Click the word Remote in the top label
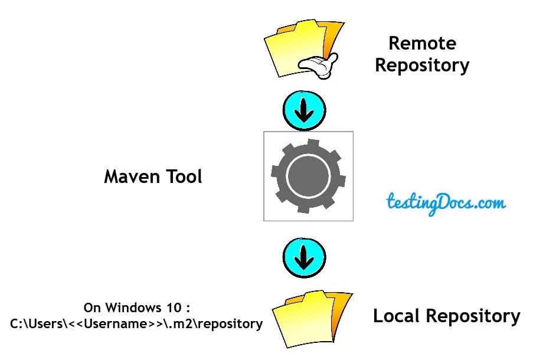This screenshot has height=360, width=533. point(422,44)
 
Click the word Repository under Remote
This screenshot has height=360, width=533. point(422,65)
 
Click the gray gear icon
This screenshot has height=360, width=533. point(308,176)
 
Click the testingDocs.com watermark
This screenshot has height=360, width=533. point(446,204)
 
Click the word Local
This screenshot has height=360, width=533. point(397,316)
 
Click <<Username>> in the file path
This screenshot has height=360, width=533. point(109,324)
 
